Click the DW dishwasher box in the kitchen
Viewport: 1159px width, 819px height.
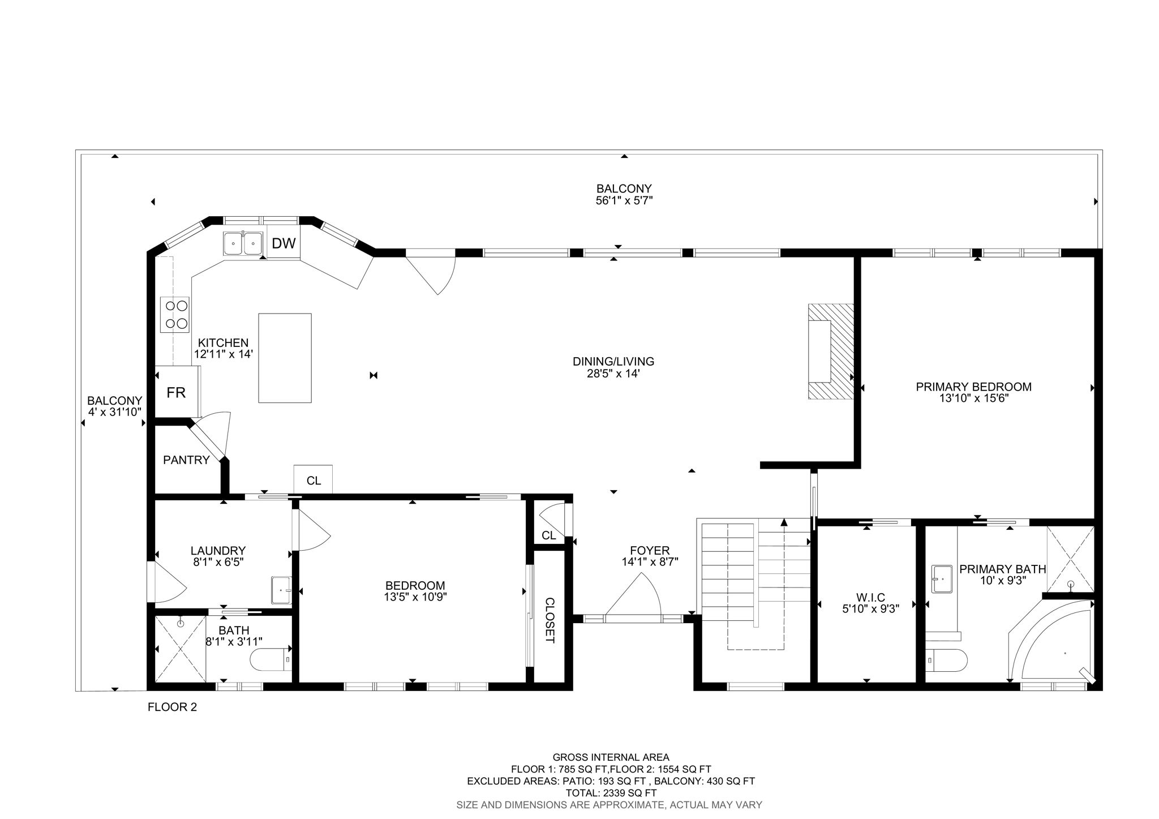coord(284,243)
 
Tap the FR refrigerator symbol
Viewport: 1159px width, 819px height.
coord(176,392)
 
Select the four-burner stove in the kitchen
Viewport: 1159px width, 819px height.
coord(175,314)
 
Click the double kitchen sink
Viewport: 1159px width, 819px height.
coord(243,243)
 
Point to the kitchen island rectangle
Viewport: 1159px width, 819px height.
coord(285,358)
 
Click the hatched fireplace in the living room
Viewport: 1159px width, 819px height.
coord(830,351)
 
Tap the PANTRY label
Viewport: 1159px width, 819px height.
coord(186,460)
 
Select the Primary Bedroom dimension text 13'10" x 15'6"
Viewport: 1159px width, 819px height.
coord(973,398)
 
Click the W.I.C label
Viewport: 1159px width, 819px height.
coord(870,597)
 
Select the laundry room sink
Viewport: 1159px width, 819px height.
coord(281,590)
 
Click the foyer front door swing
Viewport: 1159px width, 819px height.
coord(634,597)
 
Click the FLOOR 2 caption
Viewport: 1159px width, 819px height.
coord(172,707)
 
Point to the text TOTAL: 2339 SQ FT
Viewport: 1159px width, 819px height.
coord(611,793)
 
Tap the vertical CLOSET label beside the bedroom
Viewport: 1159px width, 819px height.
coord(549,620)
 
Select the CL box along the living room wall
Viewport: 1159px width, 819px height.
coord(314,480)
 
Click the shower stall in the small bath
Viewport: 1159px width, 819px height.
coord(180,649)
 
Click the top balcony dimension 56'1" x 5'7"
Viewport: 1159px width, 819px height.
coord(624,200)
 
